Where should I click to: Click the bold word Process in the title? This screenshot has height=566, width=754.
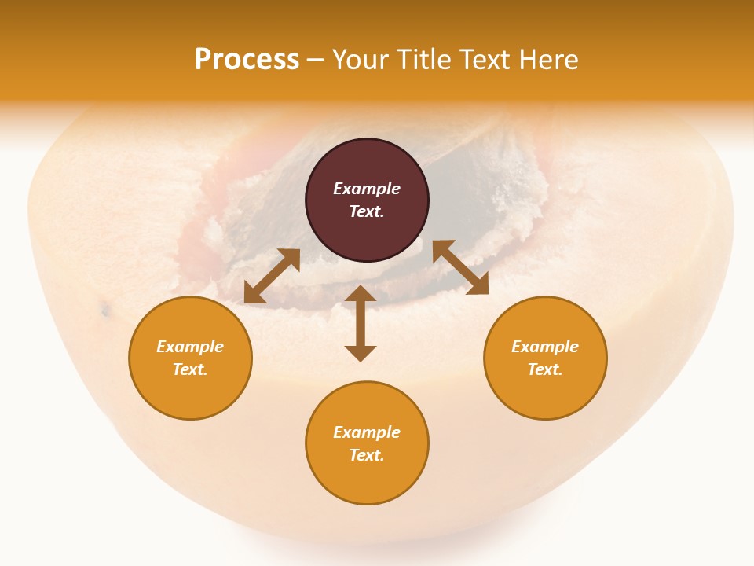coord(247,60)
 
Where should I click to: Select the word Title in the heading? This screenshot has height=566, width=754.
coord(428,60)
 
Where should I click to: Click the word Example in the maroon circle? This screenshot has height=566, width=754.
coord(367,189)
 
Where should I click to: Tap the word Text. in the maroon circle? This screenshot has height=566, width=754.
coord(367,211)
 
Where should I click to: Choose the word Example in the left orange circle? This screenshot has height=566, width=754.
coord(190,347)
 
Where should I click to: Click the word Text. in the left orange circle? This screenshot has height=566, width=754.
coord(190,369)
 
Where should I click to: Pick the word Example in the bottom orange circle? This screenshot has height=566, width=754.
coord(367,432)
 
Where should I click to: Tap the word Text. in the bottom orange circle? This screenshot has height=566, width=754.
coord(367,455)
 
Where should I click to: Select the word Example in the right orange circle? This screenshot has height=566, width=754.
coord(545,347)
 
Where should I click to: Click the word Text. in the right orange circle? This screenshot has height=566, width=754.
coord(545,369)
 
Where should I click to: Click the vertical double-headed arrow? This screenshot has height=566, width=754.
coord(361,323)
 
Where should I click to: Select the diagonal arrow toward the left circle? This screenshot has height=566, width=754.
coord(272,276)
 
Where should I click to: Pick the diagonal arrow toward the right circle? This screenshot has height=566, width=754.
coord(460,267)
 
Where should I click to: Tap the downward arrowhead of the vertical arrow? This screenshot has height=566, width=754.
coord(361,353)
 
